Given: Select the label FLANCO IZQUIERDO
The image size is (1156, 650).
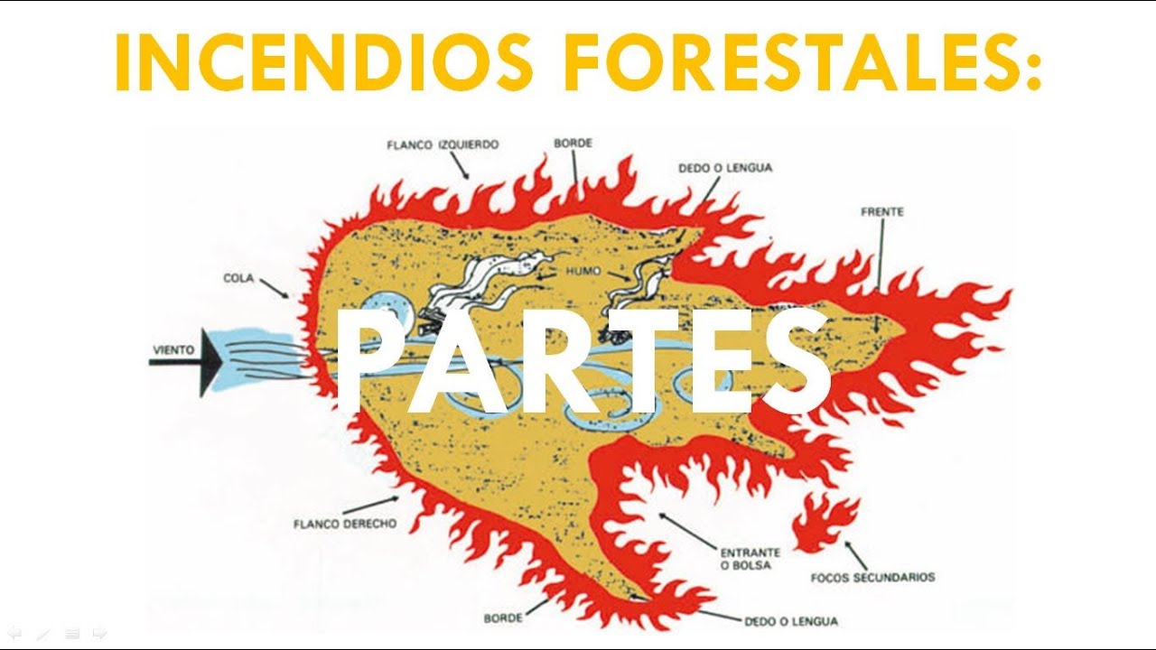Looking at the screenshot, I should (443, 144).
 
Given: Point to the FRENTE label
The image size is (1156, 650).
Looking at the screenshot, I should (882, 212).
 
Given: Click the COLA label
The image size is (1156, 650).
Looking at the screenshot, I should (238, 278).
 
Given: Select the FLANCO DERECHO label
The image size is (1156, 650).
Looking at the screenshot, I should (345, 523).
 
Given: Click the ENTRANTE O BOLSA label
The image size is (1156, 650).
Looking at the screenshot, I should (750, 559).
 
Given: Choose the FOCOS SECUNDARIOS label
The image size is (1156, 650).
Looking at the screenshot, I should (872, 577).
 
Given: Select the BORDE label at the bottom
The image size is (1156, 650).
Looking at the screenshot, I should (503, 619).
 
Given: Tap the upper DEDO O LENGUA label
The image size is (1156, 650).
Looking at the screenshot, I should (725, 168).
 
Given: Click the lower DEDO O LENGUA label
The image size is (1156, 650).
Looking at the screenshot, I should (790, 621).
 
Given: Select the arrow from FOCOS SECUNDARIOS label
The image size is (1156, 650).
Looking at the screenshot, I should (854, 553).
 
